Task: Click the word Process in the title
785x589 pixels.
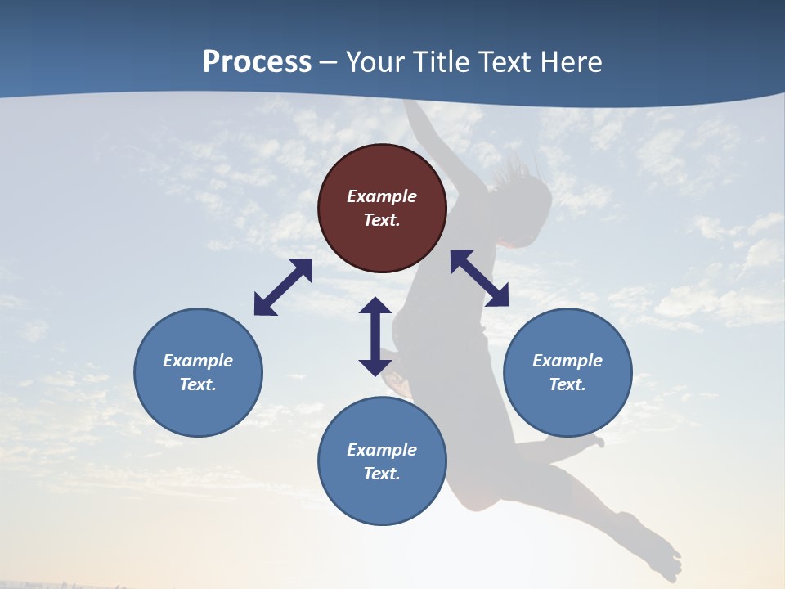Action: pos(257,62)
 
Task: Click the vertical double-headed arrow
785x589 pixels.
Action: pos(375,336)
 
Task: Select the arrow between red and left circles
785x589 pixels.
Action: pos(283,287)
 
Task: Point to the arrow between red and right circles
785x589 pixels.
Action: pos(479,278)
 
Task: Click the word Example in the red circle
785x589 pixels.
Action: pos(382,196)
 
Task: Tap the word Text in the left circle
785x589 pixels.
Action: pos(198,384)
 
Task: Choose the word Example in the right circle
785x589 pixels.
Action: pos(567,361)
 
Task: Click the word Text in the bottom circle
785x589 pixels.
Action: pos(382,474)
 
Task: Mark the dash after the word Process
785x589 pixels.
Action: pos(328,63)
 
